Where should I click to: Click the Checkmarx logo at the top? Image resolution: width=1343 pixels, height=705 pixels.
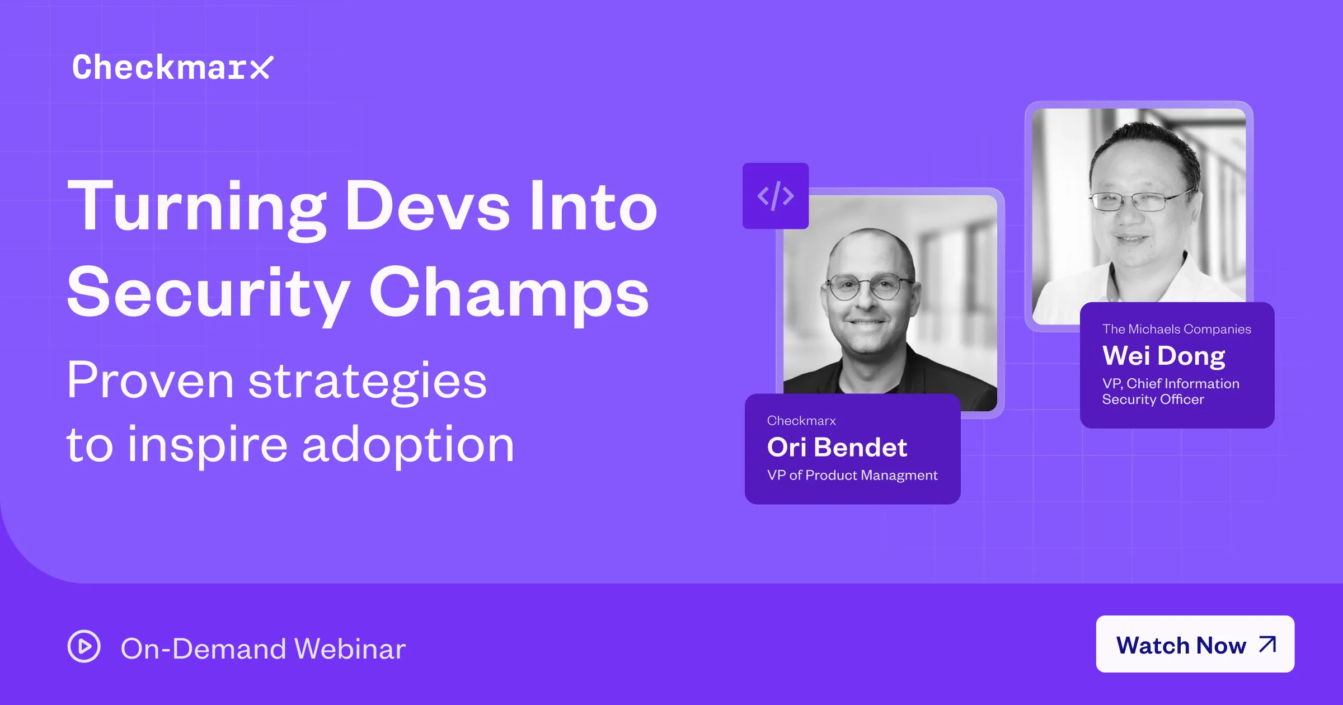pyautogui.click(x=172, y=68)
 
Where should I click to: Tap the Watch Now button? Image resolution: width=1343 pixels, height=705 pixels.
pyautogui.click(x=1194, y=644)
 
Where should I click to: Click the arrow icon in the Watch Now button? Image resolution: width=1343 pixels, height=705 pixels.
pyautogui.click(x=1267, y=644)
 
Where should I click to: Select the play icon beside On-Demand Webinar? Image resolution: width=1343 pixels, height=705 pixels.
pyautogui.click(x=84, y=646)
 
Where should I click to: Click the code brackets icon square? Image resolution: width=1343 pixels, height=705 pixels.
pyautogui.click(x=775, y=196)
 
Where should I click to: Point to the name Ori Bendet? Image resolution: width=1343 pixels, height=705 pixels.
pyautogui.click(x=837, y=447)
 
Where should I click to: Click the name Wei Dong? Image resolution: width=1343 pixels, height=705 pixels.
pyautogui.click(x=1163, y=355)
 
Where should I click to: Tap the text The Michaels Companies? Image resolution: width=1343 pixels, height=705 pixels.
pyautogui.click(x=1176, y=329)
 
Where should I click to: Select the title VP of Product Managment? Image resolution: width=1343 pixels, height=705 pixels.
pyautogui.click(x=852, y=475)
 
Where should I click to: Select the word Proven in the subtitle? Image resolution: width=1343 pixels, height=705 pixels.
pyautogui.click(x=150, y=380)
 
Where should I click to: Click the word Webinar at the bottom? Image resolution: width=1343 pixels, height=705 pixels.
pyautogui.click(x=350, y=649)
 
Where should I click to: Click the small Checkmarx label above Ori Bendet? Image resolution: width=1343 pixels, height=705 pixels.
pyautogui.click(x=801, y=421)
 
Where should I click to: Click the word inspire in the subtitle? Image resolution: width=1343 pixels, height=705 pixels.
pyautogui.click(x=207, y=445)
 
